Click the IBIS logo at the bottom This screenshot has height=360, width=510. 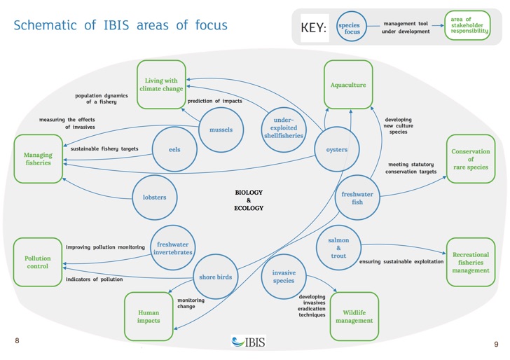click(249, 342)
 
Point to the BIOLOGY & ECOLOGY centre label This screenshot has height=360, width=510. click(249, 200)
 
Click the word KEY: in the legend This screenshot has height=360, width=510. click(314, 27)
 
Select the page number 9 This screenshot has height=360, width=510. click(496, 344)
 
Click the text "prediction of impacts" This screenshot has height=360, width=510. click(214, 101)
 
